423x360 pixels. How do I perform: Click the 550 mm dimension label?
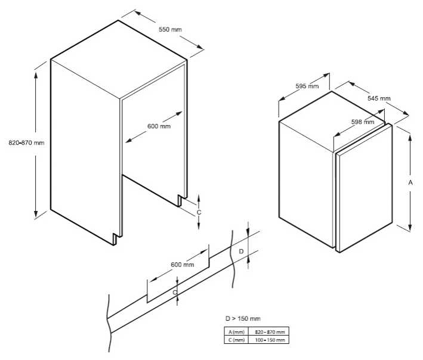(170, 29)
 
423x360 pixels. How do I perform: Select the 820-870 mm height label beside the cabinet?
(26, 143)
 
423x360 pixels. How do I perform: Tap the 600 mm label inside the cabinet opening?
(159, 126)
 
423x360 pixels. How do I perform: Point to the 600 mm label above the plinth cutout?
(183, 265)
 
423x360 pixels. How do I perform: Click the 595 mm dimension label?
(307, 86)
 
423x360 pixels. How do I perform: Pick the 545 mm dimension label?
(379, 98)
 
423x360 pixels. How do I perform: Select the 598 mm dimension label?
(363, 122)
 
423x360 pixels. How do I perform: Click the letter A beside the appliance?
(410, 183)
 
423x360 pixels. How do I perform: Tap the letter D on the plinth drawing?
(241, 252)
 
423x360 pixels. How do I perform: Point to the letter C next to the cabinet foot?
(199, 212)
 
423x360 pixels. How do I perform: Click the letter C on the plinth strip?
(175, 293)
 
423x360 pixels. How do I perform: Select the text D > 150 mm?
(243, 318)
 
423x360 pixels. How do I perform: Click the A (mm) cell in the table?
(236, 332)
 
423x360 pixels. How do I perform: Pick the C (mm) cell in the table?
(236, 340)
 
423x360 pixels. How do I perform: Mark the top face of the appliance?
(332, 121)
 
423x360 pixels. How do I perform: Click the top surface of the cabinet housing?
(119, 59)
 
